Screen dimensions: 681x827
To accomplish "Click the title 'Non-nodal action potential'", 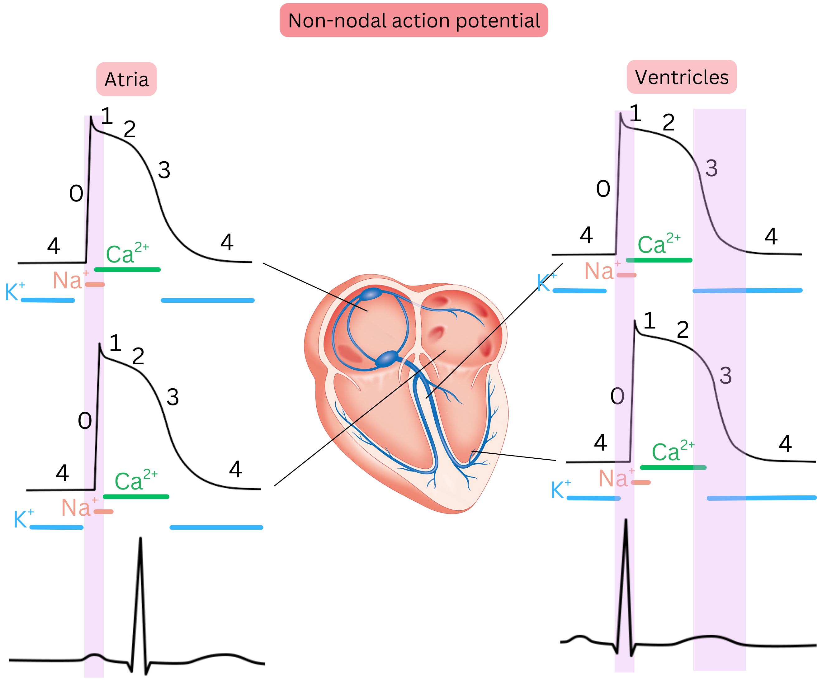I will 413,21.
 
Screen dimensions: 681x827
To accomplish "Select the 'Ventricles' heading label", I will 682,77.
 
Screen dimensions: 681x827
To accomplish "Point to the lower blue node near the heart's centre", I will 387,358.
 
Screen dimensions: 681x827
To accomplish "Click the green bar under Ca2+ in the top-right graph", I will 659,260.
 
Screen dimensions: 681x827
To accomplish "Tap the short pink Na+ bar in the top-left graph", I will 95,284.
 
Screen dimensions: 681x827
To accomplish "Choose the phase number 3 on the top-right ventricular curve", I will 711,168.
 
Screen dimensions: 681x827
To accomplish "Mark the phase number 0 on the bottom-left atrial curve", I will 85,421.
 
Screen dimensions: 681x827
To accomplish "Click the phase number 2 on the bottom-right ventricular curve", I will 683,329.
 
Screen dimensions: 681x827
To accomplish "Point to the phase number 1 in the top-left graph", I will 107,116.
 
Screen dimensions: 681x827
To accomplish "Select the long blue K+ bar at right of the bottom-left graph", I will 216,527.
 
